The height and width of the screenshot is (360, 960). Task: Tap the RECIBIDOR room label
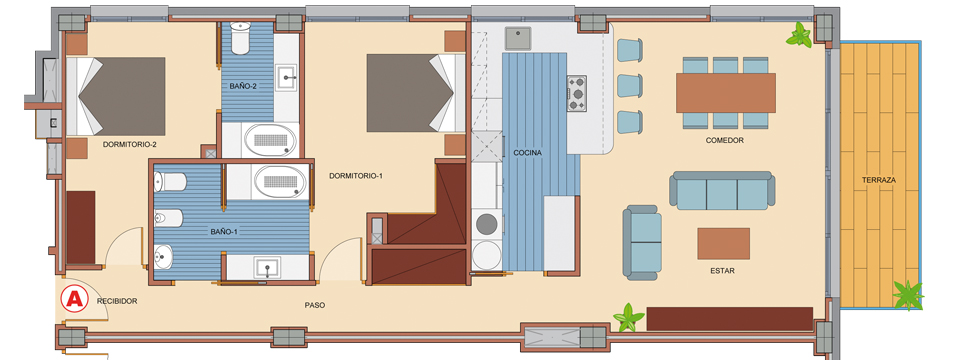pyautogui.click(x=117, y=301)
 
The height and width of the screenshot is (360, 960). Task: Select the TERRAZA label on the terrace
pyautogui.click(x=879, y=180)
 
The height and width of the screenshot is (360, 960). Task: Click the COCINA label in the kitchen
pyautogui.click(x=528, y=153)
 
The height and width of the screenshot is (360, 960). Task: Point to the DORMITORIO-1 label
pyautogui.click(x=356, y=176)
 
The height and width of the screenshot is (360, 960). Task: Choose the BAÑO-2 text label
pyautogui.click(x=243, y=86)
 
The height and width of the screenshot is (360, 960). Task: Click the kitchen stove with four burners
pyautogui.click(x=577, y=93)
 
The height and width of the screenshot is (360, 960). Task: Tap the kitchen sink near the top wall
pyautogui.click(x=517, y=39)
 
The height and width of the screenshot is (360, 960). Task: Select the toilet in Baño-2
pyautogui.click(x=240, y=38)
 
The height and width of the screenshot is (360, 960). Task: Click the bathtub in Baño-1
pyautogui.click(x=280, y=181)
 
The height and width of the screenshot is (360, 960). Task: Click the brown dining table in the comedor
pyautogui.click(x=726, y=93)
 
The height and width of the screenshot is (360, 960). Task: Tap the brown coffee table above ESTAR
pyautogui.click(x=723, y=244)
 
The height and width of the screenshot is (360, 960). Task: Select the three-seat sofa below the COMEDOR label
pyautogui.click(x=722, y=191)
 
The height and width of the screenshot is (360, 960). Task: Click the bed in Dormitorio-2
pyautogui.click(x=116, y=96)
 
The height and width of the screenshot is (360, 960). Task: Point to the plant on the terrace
pyautogui.click(x=907, y=295)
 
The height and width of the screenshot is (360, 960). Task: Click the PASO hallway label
pyautogui.click(x=315, y=305)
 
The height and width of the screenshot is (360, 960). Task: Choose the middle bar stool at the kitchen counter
pyautogui.click(x=629, y=86)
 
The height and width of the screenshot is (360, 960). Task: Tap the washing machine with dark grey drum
pyautogui.click(x=487, y=224)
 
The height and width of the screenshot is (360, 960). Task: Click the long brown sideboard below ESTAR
pyautogui.click(x=729, y=319)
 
